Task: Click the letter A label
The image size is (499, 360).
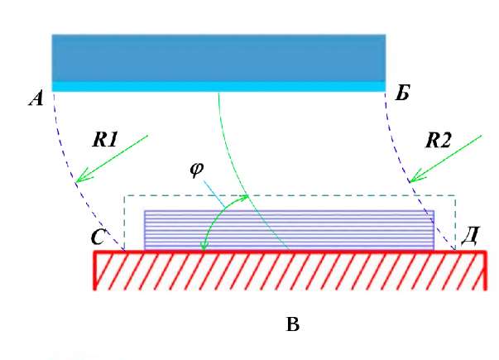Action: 36,100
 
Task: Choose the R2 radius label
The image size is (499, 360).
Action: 438,141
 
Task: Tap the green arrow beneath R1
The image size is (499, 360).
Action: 112,159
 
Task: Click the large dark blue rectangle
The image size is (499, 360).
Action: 218,57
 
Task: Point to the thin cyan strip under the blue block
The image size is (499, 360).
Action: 218,86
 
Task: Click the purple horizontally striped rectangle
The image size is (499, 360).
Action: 289,230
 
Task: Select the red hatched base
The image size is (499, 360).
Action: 289,270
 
